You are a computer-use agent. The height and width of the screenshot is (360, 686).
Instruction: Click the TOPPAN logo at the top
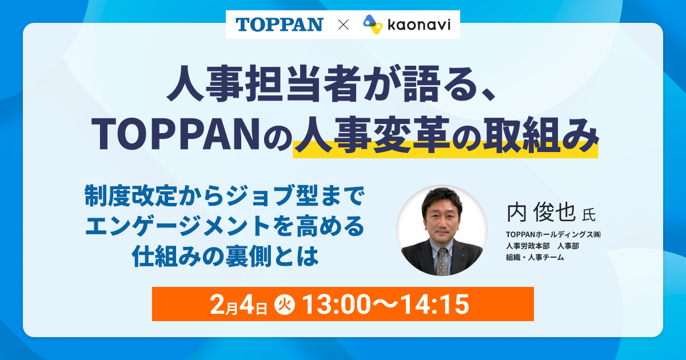point(280,25)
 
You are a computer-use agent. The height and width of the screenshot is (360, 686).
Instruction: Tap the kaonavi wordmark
point(419,25)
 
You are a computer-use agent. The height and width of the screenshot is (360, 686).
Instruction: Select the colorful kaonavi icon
point(373,25)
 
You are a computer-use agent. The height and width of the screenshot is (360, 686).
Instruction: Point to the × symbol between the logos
point(344,25)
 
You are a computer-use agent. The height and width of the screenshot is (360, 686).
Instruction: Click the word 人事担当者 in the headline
point(262,83)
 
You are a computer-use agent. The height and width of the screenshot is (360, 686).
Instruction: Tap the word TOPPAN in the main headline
point(176,134)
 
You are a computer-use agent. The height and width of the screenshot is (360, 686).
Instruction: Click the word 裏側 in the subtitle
point(248,256)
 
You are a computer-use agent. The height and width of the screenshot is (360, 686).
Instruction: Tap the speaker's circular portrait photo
point(442,230)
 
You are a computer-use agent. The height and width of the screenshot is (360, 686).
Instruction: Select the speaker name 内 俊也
point(541,212)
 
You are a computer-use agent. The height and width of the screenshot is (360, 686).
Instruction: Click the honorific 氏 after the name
point(589,215)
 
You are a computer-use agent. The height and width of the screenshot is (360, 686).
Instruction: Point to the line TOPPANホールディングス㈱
point(553,234)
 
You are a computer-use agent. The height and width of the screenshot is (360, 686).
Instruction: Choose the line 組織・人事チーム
point(535,258)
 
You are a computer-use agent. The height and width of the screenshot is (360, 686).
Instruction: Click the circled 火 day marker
point(285,304)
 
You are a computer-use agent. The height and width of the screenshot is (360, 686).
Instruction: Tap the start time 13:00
point(337,304)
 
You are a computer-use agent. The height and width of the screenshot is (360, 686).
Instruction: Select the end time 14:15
point(435,304)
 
